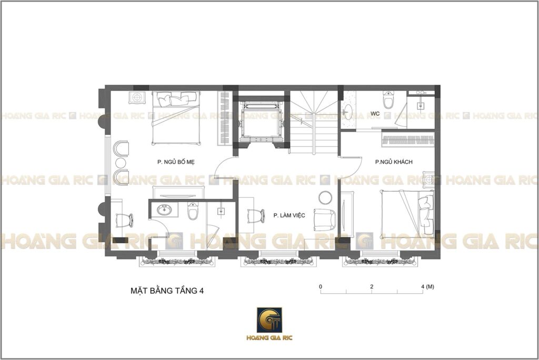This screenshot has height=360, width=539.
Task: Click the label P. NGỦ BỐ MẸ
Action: [176, 162]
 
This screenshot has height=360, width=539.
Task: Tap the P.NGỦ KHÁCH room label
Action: [394, 162]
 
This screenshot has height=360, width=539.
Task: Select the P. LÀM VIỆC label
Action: [289, 215]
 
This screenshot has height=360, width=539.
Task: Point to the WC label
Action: [375, 114]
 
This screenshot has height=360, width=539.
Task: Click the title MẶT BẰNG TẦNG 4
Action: [167, 291]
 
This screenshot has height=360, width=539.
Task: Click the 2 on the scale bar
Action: [372, 286]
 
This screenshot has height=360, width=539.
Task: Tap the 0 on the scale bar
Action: [321, 286]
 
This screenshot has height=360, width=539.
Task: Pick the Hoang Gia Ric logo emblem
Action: [269, 320]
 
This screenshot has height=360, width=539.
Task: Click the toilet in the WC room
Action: [388, 99]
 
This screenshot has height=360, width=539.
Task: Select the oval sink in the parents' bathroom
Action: [165, 210]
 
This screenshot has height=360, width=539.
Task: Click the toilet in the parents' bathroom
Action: [193, 211]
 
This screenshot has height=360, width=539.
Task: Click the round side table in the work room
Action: [325, 198]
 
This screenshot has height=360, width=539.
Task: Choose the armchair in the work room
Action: [324, 220]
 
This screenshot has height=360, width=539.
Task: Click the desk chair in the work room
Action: [256, 216]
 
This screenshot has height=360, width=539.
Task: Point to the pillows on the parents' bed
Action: [176, 98]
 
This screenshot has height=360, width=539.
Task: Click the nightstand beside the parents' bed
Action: [137, 98]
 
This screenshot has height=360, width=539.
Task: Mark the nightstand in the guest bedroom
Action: [428, 179]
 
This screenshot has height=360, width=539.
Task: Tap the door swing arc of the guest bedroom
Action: [355, 171]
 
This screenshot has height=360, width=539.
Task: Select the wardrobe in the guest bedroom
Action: [408, 139]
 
